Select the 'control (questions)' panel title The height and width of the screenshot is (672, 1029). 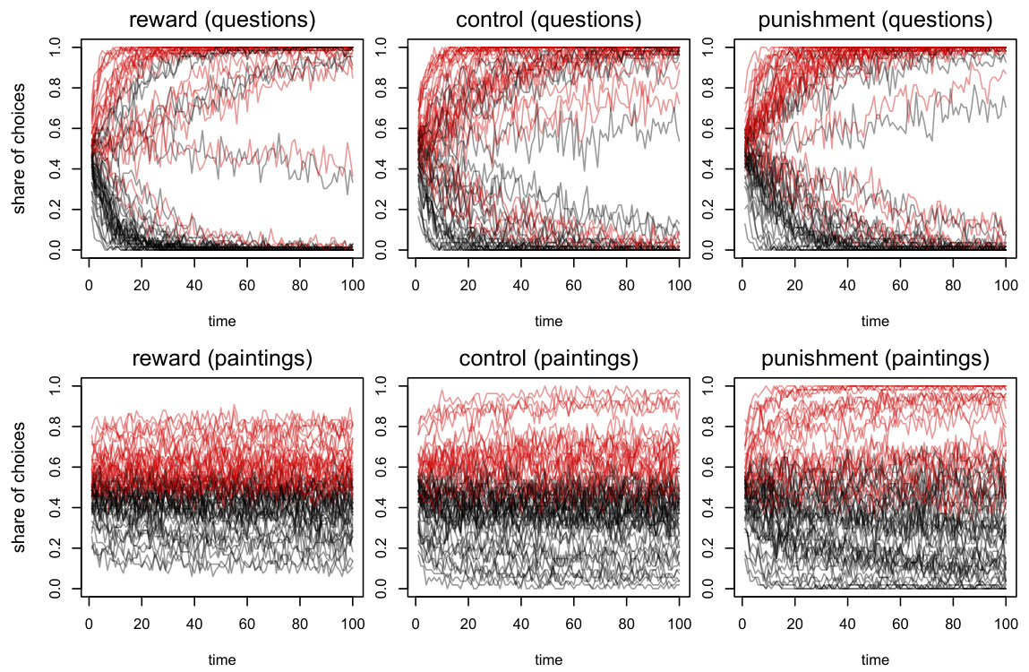point(548,19)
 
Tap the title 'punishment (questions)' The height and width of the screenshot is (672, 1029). point(875,19)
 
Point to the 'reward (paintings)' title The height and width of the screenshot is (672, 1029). point(221,359)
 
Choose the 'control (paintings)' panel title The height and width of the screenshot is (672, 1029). point(548,359)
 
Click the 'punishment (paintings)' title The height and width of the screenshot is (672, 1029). point(875,359)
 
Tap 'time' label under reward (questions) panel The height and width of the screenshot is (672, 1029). point(221,321)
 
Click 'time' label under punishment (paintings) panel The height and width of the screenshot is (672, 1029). point(875,660)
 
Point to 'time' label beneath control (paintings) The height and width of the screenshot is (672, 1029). point(548,660)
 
